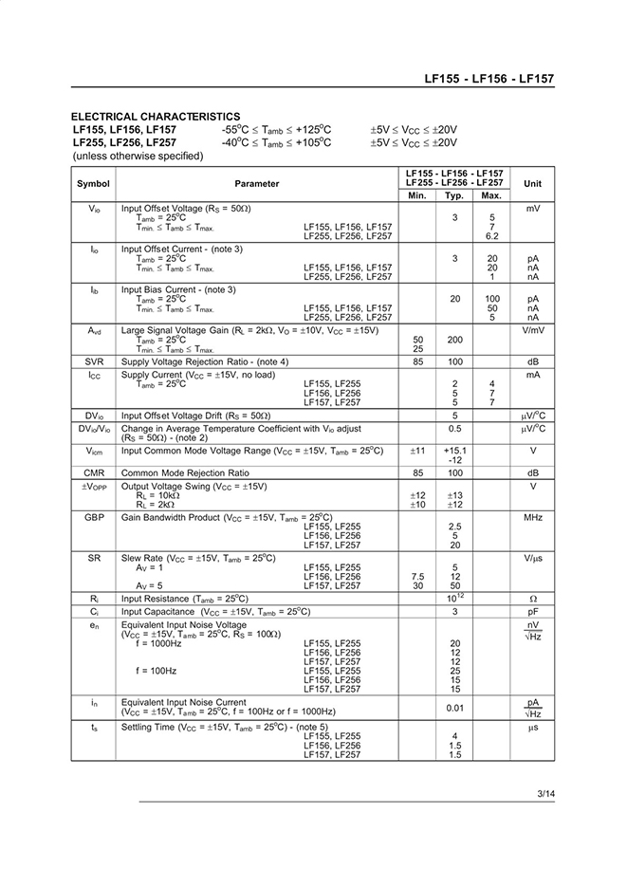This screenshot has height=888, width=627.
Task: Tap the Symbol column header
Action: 93,183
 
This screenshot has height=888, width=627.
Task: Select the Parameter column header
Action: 257,183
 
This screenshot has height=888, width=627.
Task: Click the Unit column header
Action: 533,183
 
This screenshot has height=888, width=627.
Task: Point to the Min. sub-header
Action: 416,195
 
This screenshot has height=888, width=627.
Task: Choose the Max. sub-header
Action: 491,195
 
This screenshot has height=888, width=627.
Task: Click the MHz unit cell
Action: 533,517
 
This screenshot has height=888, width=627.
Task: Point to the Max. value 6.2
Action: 491,236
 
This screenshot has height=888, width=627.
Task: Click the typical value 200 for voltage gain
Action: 454,339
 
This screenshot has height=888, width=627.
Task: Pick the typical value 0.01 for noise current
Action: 454,707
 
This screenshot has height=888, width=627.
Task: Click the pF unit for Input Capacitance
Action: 533,611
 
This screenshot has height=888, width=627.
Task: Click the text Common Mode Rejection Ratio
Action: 185,472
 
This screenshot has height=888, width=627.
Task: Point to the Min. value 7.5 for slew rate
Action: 416,576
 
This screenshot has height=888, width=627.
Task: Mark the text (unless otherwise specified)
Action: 138,156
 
